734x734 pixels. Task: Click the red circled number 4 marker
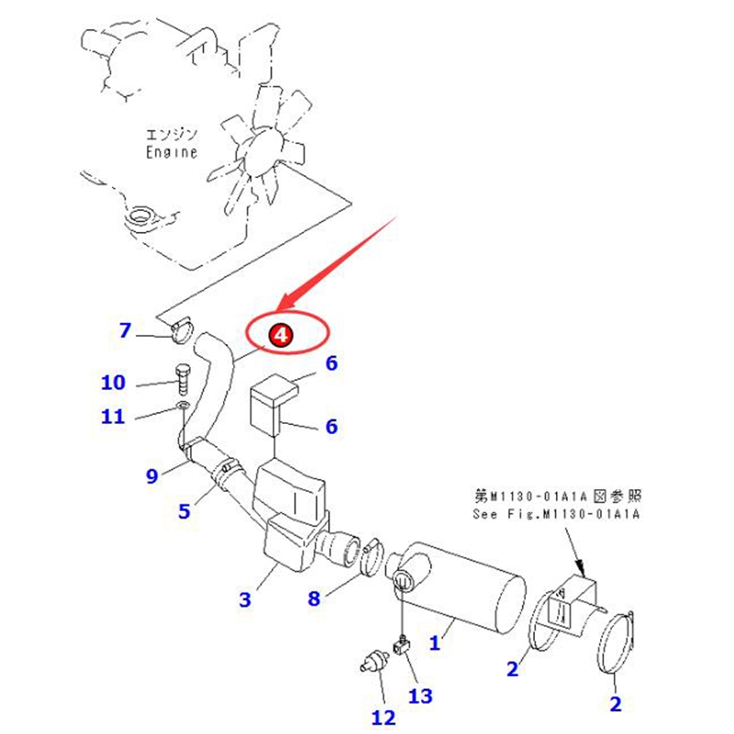pos(281,335)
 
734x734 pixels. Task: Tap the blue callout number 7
pos(125,330)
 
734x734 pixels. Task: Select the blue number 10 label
pos(113,383)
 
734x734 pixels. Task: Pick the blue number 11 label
pos(113,417)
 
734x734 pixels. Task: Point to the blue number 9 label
pos(152,476)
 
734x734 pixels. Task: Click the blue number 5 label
pos(184,511)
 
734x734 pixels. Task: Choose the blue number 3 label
pos(245,600)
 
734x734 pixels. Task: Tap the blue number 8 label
pos(314,598)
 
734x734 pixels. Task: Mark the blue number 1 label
pos(435,643)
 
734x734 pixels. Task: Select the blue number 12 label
pos(384,717)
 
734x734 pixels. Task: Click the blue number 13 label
pos(420,696)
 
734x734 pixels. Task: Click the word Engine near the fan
pos(172,152)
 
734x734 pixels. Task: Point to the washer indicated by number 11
pos(183,405)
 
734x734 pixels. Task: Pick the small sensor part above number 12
pos(374,662)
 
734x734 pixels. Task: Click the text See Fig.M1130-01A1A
pos(556,515)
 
